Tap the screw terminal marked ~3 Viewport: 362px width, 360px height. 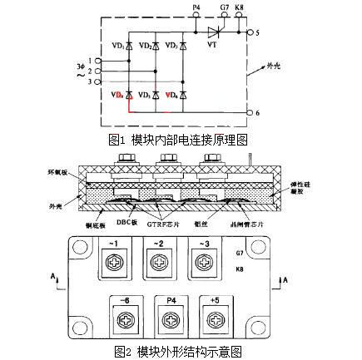click(x=205, y=265)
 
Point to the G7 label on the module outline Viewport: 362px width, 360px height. click(x=240, y=252)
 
